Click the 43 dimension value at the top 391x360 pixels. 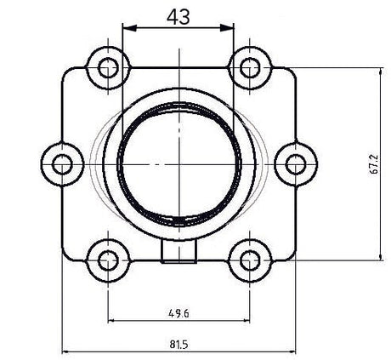pos(178,15)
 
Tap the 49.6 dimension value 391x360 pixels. pos(178,312)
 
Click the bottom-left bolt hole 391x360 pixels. pos(108,258)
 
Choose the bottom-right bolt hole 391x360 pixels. pos(248,258)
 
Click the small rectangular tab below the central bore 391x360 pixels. pos(178,251)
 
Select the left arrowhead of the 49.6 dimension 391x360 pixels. pos(111,321)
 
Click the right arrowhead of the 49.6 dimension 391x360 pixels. pos(245,321)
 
